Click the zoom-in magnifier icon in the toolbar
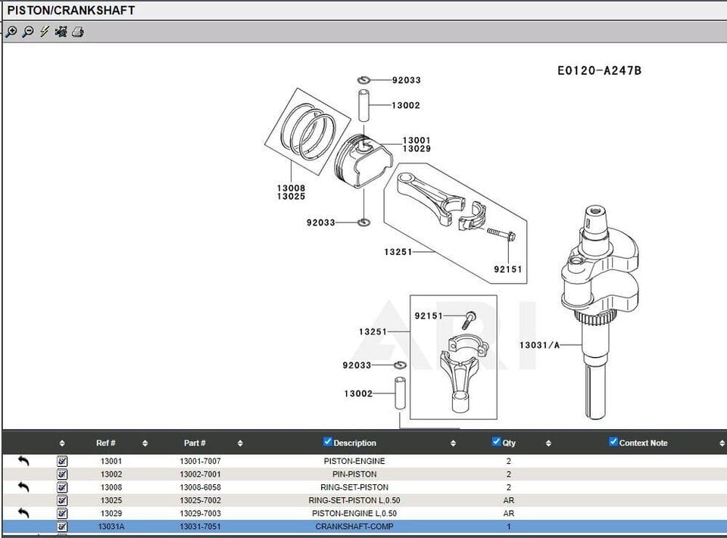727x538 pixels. [11, 32]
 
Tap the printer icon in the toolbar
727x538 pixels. [78, 32]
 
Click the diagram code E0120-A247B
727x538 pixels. [599, 70]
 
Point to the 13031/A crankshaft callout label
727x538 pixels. [539, 345]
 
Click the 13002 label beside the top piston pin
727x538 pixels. [406, 105]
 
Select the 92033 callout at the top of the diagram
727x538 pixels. [406, 80]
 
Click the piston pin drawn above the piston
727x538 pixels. [364, 106]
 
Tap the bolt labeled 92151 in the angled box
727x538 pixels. [501, 234]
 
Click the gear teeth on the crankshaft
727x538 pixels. [595, 319]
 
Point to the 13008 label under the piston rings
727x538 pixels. [291, 188]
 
